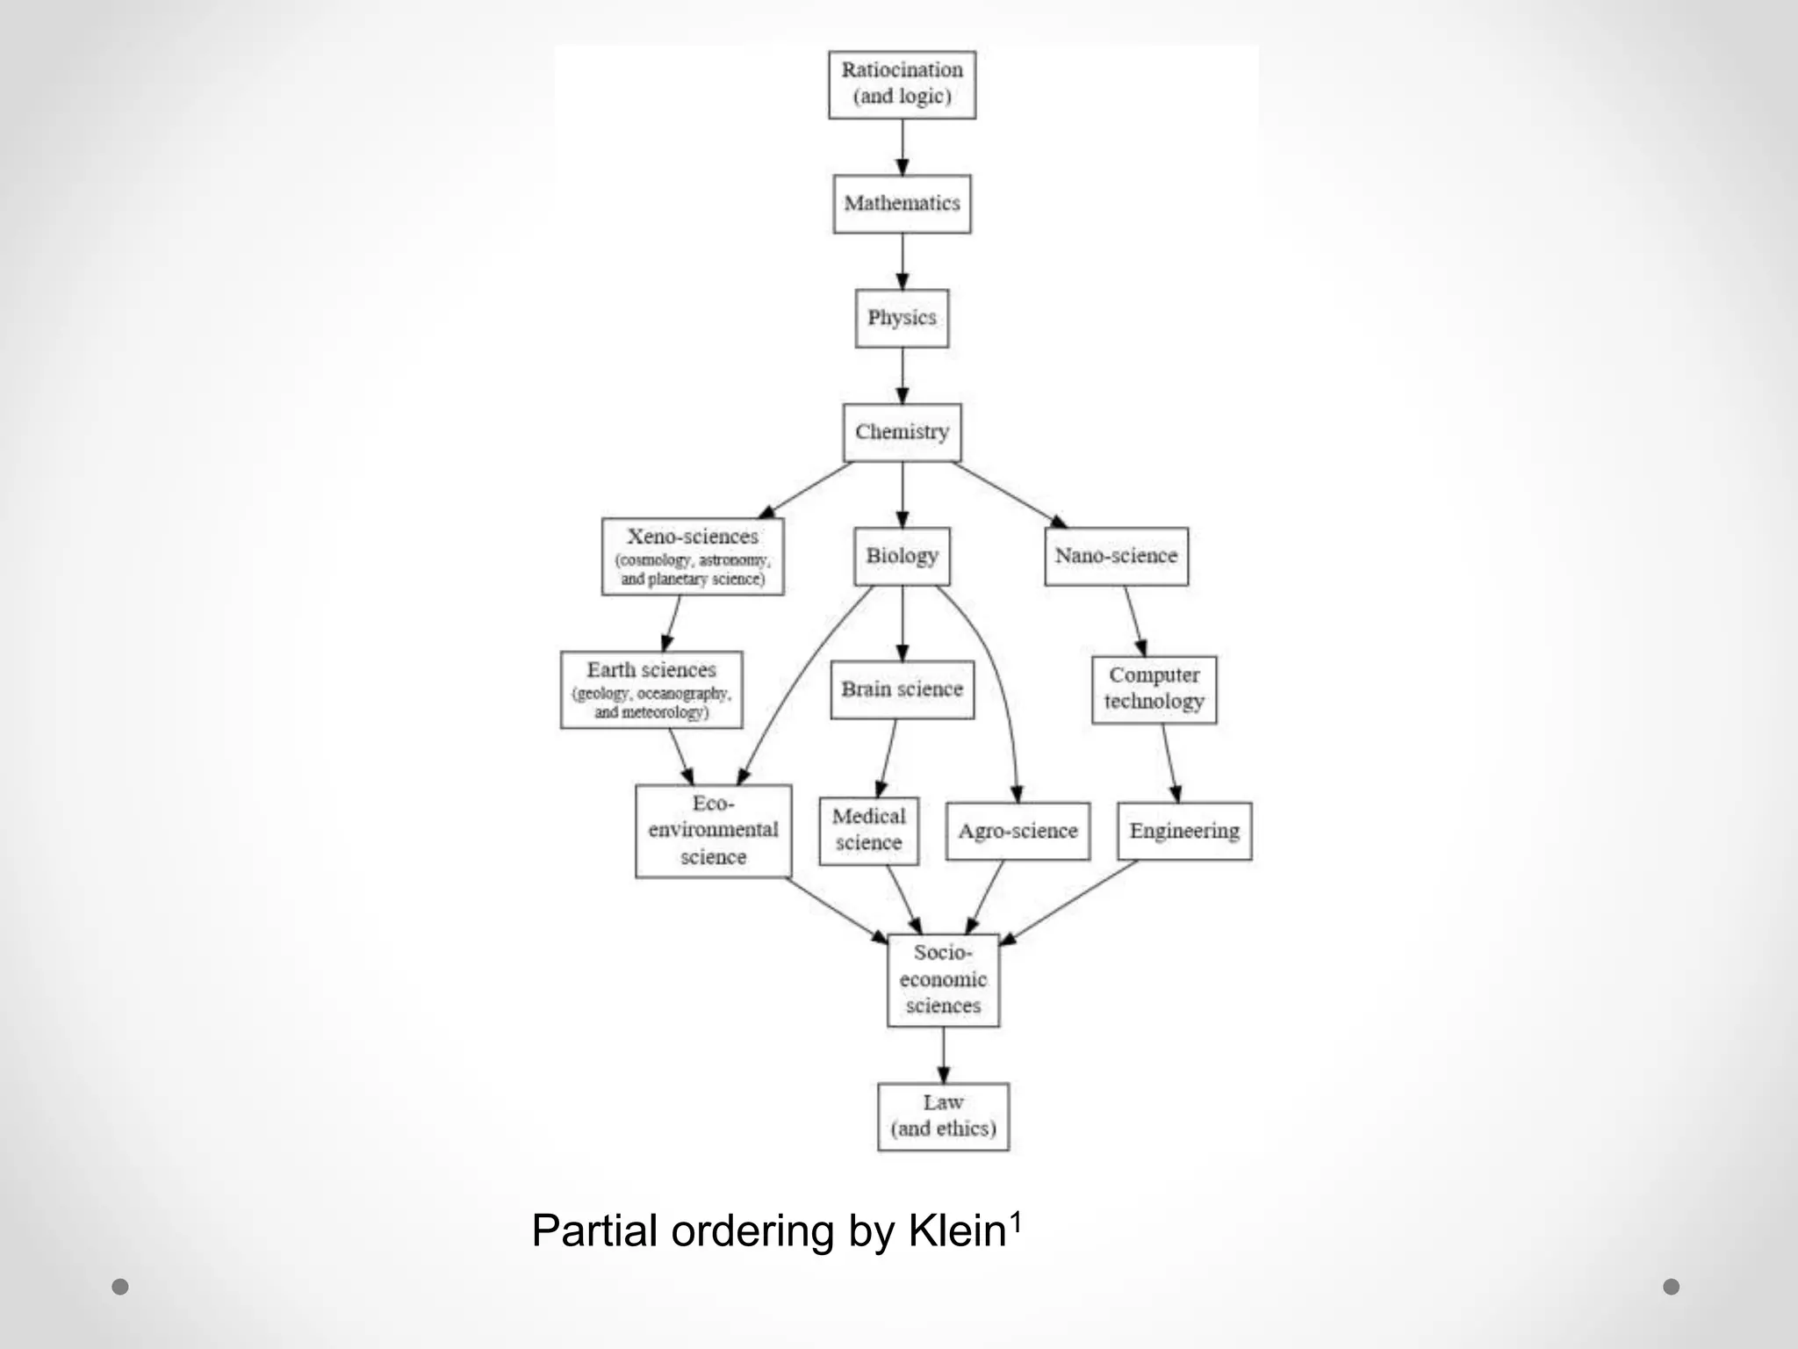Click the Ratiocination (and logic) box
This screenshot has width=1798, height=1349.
coord(902,84)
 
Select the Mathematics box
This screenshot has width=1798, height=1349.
coord(902,204)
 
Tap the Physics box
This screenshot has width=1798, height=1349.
coord(902,318)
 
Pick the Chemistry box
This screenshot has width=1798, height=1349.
coord(902,432)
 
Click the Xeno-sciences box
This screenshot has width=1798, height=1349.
coord(693,556)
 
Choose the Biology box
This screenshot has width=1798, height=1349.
coord(902,556)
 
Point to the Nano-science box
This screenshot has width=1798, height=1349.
coord(1116,556)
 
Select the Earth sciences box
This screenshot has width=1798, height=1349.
coord(651,689)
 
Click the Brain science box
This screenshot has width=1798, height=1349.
coord(902,689)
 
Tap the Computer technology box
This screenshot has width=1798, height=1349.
coord(1154,689)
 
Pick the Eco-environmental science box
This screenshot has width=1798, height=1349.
coord(713,831)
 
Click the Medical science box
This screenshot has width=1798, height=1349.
coord(868,831)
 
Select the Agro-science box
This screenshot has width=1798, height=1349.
coord(1018,831)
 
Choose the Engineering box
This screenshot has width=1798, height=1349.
coord(1184,831)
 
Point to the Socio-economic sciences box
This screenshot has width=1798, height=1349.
coord(943,980)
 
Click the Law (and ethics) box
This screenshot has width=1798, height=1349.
coord(943,1116)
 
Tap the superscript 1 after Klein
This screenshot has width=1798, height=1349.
coord(1016,1220)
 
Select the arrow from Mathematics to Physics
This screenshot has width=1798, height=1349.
coord(902,262)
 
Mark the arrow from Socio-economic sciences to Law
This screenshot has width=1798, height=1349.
coord(943,1055)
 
